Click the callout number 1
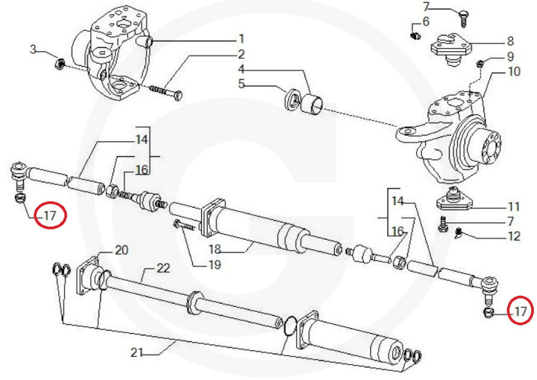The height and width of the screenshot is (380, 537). tap(241, 38)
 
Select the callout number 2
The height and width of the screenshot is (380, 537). tap(241, 54)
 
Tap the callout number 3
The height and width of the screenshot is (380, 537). tap(33, 50)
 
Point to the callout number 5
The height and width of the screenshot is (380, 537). tap(241, 83)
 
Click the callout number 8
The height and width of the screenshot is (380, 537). tap(510, 41)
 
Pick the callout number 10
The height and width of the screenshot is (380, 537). tap(514, 71)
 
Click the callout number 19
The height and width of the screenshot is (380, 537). tap(214, 265)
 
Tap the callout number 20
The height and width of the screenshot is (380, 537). tap(121, 249)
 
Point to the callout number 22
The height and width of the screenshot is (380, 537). tap(164, 269)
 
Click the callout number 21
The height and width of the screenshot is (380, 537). tap(137, 353)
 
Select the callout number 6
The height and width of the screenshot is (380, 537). tap(426, 22)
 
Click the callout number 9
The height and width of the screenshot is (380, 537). tap(510, 56)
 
